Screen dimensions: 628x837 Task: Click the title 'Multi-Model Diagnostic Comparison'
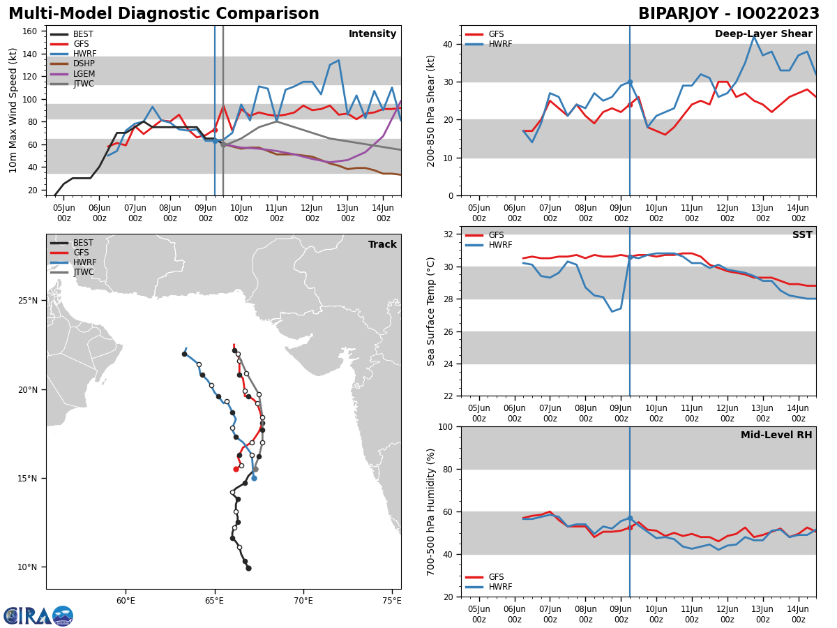164,14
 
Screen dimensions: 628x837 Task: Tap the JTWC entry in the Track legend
83,272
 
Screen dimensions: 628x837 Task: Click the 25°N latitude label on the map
27,301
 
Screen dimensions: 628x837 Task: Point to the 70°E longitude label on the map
303,601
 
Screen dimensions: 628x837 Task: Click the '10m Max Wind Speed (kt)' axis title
13,110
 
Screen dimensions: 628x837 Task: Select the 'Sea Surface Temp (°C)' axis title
431,311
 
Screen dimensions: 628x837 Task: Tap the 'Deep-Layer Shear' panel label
763,34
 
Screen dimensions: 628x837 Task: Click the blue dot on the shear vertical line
629,82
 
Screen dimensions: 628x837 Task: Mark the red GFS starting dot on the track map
236,469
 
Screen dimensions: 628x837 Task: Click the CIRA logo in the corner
38,615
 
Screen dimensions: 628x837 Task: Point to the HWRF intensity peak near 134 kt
338,60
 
